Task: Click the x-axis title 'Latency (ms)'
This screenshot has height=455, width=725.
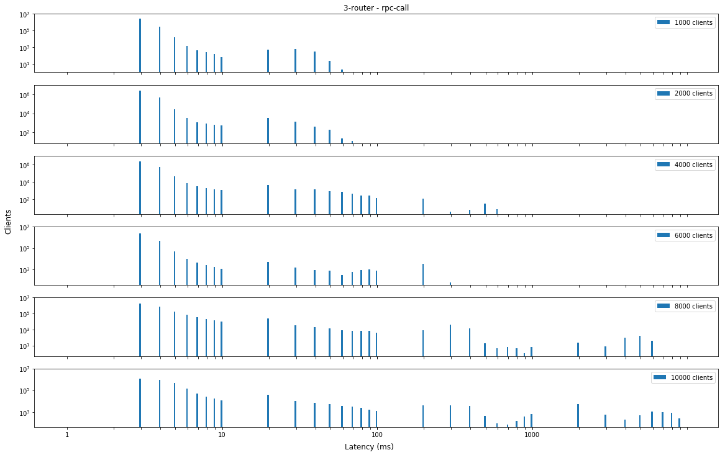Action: coord(369,446)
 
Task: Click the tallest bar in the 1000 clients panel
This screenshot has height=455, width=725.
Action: coord(140,45)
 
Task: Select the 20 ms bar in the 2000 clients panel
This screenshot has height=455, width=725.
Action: coord(268,130)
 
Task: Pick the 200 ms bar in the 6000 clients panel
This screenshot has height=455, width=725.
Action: coord(423,274)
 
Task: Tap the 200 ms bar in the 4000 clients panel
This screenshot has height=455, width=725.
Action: coord(423,206)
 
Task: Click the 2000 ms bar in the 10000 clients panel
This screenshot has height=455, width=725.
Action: coord(578,415)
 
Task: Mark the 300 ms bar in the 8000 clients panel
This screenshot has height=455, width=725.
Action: coord(450,340)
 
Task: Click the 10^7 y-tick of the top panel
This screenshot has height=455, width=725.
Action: coord(25,14)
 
